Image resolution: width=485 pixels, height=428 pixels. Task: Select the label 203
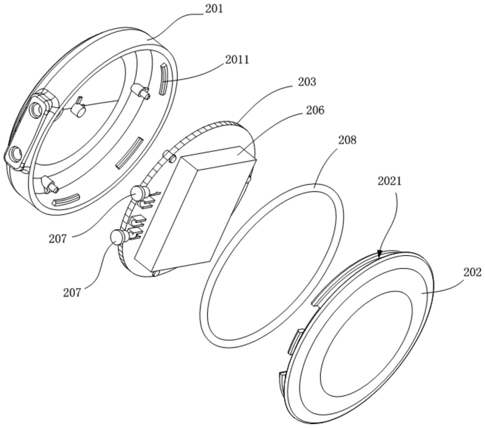[x=307, y=82]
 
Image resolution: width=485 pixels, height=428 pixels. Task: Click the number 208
[x=347, y=140]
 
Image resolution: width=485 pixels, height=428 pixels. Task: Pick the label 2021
[x=390, y=181]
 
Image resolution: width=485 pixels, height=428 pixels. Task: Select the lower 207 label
[x=72, y=292]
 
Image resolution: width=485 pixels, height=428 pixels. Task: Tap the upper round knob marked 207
[x=139, y=194]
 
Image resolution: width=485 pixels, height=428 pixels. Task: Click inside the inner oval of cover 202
[x=367, y=344]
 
